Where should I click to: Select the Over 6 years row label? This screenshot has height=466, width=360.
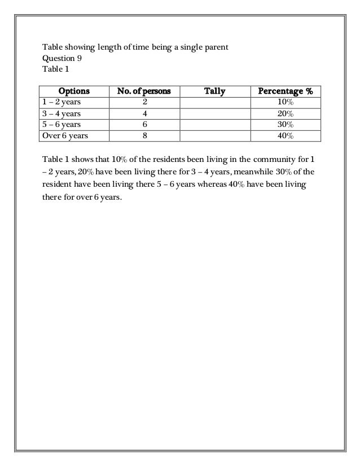[64, 135]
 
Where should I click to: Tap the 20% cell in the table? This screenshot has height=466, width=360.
[285, 113]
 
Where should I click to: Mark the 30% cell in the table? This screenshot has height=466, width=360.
[285, 125]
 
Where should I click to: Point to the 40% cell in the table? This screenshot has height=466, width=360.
[285, 135]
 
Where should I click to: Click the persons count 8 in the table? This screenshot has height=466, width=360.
[144, 135]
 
